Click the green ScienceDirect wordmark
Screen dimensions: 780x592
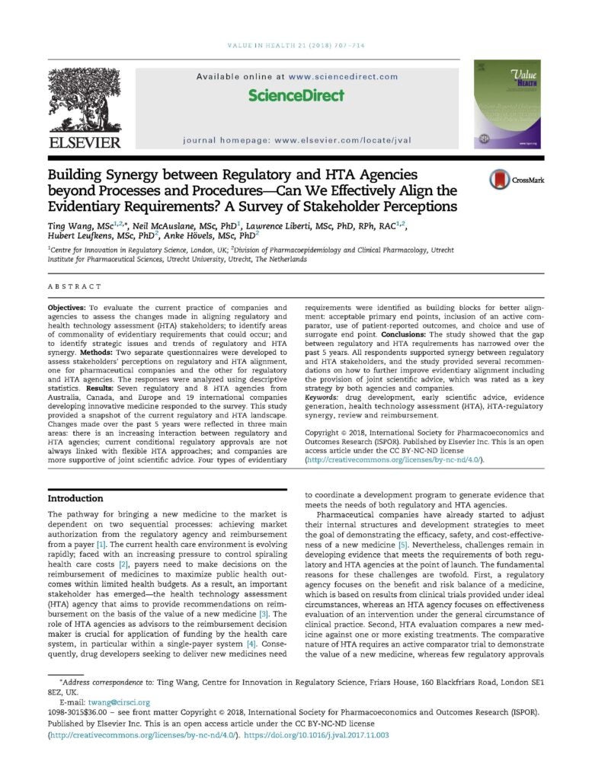click(x=296, y=95)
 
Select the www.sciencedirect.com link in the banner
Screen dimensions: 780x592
click(x=344, y=76)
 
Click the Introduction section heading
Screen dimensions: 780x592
click(x=75, y=498)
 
